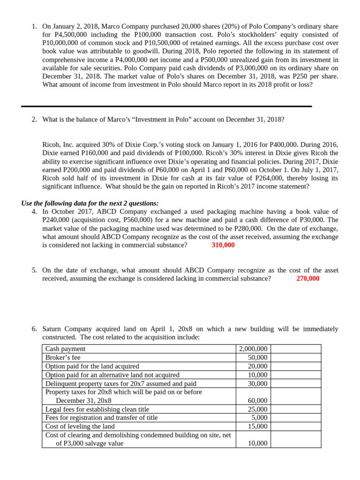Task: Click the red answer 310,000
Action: [223, 245]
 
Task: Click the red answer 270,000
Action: [308, 279]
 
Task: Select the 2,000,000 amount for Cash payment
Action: [253, 349]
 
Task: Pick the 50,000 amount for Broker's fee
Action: [257, 358]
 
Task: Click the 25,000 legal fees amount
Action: [257, 409]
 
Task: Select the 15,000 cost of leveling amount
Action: [257, 427]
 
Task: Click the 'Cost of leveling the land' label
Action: [80, 427]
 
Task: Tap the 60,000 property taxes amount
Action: [257, 401]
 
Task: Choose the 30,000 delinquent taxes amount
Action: [257, 383]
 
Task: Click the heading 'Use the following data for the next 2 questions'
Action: [90, 203]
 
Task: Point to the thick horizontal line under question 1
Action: [166, 106]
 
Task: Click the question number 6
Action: [34, 329]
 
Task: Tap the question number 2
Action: [34, 120]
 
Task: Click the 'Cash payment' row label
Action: [65, 349]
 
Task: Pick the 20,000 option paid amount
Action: [257, 366]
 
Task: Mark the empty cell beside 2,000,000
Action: [296, 349]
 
